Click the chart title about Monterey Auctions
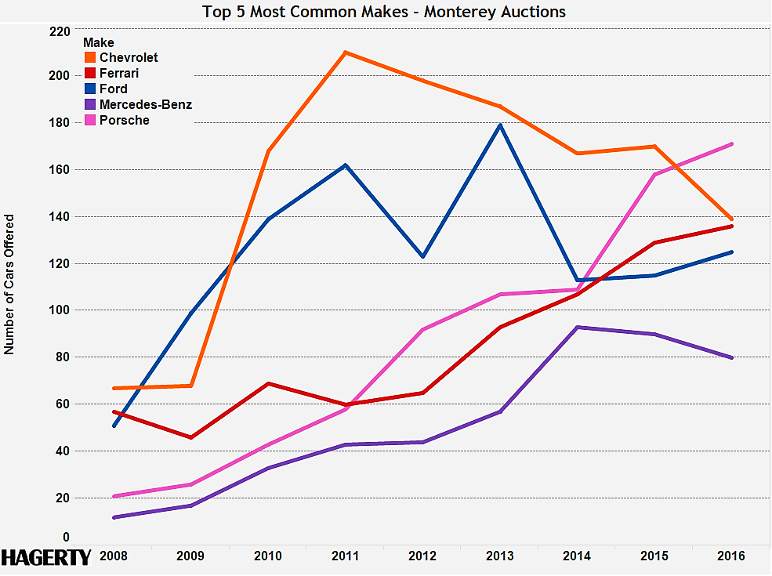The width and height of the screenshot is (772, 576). point(384,12)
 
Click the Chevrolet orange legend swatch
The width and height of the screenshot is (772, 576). point(89,58)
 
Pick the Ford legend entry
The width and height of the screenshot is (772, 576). point(114,89)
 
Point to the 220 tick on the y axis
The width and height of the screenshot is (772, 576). point(60,32)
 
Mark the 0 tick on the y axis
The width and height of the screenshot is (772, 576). point(66,538)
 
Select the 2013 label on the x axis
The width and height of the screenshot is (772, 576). point(500,556)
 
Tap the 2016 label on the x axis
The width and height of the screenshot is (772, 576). point(731,556)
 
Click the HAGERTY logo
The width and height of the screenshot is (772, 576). point(45,557)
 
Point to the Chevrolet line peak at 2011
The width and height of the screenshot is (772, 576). point(345,53)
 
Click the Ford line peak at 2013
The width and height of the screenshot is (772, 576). point(500,125)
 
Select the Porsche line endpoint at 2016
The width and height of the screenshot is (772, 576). point(731,144)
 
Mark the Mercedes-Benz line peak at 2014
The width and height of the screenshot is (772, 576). point(577,328)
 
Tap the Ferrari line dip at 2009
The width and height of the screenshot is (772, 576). point(190,437)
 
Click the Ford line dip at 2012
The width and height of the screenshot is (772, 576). point(422,257)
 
